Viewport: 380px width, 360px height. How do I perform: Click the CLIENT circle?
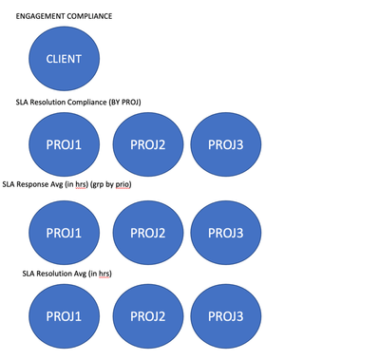click(64, 59)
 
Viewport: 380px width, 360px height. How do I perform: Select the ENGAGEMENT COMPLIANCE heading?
click(64, 16)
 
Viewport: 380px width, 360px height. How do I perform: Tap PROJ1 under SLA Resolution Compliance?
click(64, 144)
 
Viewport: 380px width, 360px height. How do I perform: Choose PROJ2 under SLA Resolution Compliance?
click(148, 144)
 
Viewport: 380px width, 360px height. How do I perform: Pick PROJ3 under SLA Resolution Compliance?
click(226, 144)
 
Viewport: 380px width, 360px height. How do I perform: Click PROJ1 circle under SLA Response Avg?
click(64, 233)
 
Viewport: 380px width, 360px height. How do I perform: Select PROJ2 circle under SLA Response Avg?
click(148, 233)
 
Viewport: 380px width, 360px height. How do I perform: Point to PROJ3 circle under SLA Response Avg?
click(226, 233)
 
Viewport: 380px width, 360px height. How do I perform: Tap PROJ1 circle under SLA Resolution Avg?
click(64, 316)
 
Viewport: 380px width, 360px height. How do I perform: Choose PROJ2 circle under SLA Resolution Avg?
click(148, 316)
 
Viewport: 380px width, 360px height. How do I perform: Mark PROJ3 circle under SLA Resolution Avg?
click(226, 316)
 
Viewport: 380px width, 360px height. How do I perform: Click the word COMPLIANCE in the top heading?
click(90, 16)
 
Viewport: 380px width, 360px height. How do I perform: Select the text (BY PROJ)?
click(124, 103)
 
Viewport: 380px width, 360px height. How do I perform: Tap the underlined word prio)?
click(123, 184)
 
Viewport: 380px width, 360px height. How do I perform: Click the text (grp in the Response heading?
click(97, 184)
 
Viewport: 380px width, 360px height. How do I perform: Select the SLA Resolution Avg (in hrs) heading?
click(67, 274)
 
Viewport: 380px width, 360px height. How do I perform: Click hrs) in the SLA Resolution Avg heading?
click(105, 274)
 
